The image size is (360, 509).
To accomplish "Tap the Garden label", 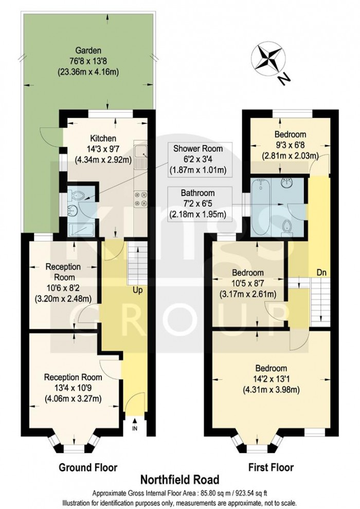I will (88, 50).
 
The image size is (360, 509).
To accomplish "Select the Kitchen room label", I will (103, 138).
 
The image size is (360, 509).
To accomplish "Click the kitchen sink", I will (141, 152).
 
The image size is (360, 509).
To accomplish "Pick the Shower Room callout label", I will (201, 150).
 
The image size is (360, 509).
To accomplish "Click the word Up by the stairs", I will (138, 290).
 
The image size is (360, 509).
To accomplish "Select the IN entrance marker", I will (135, 428).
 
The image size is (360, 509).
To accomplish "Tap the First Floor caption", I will (271, 467).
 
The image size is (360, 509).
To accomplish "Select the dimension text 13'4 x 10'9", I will (72, 388).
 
